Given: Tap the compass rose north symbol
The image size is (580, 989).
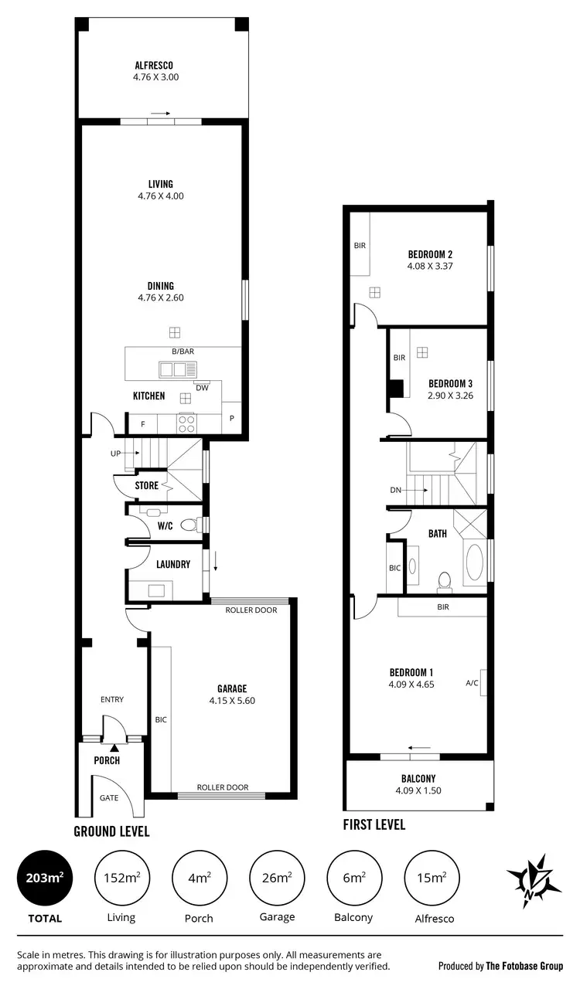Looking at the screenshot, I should coord(534,880).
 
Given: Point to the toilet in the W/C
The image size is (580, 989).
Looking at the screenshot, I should coord(188,525).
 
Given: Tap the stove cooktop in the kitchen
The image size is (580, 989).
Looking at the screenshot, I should coord(187,423).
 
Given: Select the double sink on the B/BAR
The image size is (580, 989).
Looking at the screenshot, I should coord(174,369).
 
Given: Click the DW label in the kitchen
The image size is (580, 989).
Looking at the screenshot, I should coord(201,388).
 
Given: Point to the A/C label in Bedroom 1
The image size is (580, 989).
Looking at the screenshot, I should coord(473,683).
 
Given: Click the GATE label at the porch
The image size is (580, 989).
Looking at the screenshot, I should coord(110,797).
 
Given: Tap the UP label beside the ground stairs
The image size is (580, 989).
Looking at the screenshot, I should coord(115,454).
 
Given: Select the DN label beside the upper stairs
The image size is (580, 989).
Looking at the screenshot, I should coord(396,490).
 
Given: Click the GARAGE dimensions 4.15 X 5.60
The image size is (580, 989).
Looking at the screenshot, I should coord(232,701).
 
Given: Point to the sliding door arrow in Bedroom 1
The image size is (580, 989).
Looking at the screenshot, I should coord(420,747).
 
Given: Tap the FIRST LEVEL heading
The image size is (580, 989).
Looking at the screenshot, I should coord(374,824).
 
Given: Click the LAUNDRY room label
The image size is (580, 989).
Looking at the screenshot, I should coord(173,564).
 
